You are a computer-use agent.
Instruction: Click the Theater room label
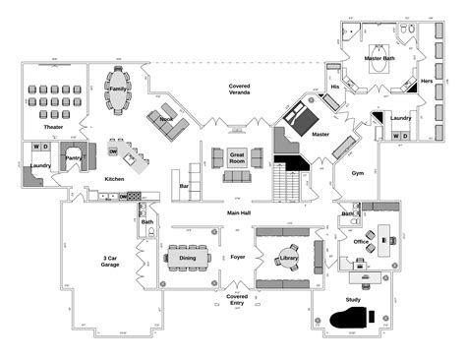pos(53,127)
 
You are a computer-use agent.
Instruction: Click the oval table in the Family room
pos(119,89)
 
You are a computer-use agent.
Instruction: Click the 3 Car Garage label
pos(112,261)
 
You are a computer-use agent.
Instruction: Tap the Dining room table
pos(187,258)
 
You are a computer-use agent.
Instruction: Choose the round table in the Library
pos(288,258)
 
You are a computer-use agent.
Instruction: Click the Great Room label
pos(237,157)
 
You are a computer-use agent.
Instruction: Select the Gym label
pos(358,173)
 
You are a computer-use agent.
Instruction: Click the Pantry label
pos(73,156)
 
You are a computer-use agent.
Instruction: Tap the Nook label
pos(165,118)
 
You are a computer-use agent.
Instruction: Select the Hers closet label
pos(427,81)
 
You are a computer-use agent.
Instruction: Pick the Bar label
pos(184,184)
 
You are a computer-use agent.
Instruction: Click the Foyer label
pos(237,258)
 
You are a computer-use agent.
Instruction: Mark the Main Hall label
pos(239,212)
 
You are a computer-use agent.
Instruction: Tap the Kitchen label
pos(114,179)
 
